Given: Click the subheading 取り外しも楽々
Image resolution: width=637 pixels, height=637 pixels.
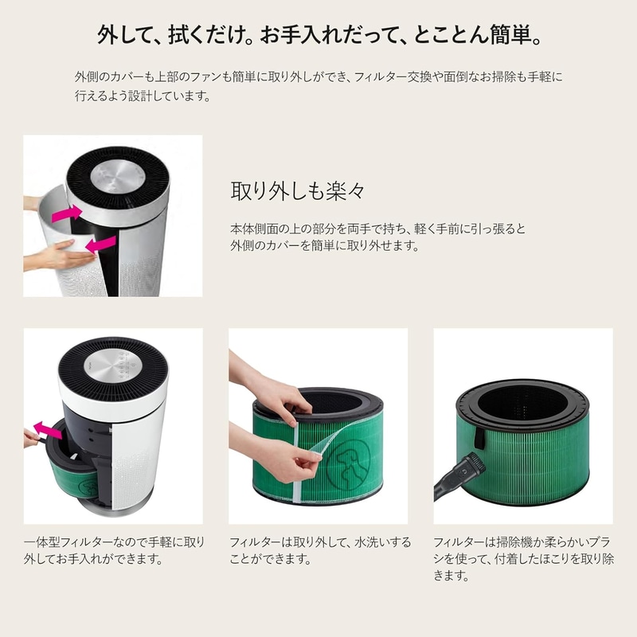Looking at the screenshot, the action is (298, 190).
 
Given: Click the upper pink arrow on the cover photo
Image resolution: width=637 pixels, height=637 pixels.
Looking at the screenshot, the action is (67, 214).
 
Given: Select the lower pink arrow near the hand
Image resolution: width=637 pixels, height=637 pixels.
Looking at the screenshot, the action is (101, 244).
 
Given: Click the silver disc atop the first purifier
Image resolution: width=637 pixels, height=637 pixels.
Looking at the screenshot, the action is (118, 178).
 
